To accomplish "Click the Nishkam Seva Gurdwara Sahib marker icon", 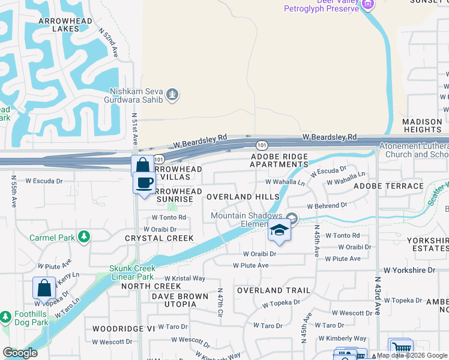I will coord(173,95).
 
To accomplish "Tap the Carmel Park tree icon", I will coord(85,238).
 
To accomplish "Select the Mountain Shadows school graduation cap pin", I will coord(279,230).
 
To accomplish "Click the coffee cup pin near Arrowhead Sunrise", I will coord(144,182).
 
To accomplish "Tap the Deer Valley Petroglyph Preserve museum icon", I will coord(368,5).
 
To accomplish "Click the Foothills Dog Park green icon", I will coord(5,316).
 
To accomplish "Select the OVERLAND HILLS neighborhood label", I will coord(243,197).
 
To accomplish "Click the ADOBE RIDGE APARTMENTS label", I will coord(279,160).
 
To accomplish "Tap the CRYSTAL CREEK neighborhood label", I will coord(159,238).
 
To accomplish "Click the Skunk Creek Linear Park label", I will coord(131,272).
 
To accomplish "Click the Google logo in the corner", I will coord(20,353).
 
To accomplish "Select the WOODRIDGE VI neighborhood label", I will coord(123,329).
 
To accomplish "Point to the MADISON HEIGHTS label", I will coord(423,125).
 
